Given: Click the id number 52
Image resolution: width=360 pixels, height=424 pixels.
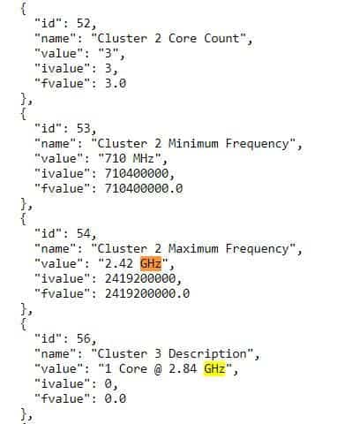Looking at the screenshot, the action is (84, 23).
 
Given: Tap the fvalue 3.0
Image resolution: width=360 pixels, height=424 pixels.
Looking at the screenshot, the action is (116, 83).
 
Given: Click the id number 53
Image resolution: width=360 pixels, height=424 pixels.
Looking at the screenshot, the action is (84, 128).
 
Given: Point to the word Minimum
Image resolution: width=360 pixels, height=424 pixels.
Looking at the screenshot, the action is (193, 143).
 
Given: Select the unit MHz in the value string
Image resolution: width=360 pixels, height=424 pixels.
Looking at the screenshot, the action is (144, 158).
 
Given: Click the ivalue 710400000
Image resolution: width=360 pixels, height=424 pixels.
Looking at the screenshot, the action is (137, 173).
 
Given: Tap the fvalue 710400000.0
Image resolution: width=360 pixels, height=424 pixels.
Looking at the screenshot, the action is (144, 188).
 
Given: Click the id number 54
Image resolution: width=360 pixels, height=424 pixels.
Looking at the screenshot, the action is (84, 234).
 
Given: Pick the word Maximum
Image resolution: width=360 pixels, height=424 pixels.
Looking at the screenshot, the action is (193, 249).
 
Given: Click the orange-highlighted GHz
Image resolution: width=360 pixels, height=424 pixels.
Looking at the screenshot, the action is (151, 263).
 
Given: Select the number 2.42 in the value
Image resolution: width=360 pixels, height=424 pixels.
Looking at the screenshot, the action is (119, 263).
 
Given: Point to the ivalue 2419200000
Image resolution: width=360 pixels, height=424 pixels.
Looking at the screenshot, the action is (140, 278).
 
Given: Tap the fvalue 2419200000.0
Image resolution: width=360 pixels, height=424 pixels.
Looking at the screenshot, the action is (147, 293).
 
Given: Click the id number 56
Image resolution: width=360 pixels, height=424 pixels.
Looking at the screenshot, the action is (84, 339).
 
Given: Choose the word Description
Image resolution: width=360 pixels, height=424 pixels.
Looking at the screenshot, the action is (207, 354).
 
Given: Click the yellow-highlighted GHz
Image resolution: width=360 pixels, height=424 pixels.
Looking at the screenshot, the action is (214, 369).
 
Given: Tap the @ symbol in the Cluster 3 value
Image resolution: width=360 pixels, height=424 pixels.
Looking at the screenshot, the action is (158, 369).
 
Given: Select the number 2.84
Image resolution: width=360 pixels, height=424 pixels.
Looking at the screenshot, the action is (183, 369).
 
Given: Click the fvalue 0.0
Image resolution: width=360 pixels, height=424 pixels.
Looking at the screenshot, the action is (116, 399).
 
